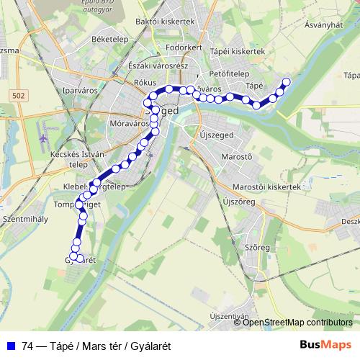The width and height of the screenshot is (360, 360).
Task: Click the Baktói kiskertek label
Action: click(165, 22)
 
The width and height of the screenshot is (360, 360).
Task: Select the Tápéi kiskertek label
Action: click(238, 52)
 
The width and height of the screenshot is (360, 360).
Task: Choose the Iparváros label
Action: click(80, 92)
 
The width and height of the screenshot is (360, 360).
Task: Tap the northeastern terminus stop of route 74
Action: click(286, 81)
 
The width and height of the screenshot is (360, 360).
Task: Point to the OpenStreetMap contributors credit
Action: click(297, 322)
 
